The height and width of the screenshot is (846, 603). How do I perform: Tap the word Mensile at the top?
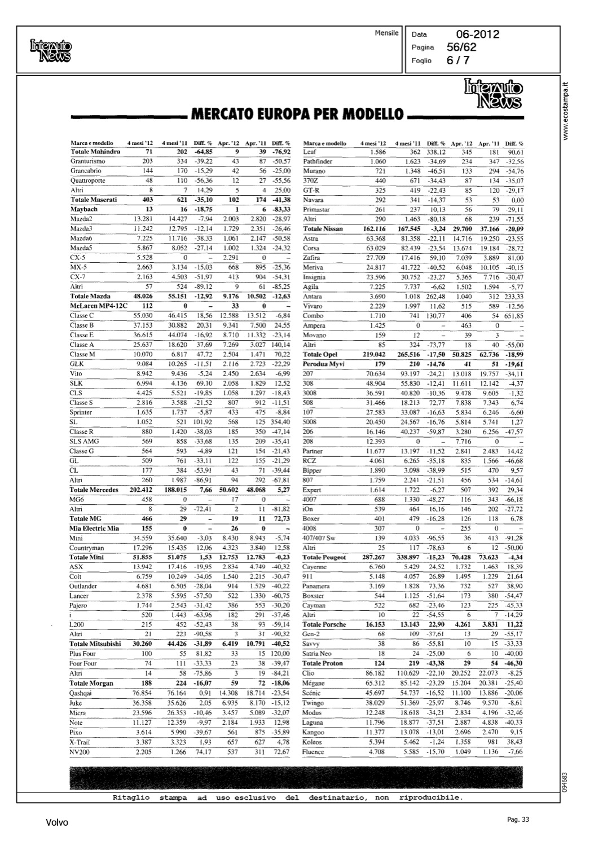tap(386, 33)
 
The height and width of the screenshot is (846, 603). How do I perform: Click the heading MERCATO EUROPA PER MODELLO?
tap(298, 115)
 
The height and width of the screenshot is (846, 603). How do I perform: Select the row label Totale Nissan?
tap(323, 229)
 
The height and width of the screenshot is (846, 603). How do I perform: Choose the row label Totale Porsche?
tap(324, 624)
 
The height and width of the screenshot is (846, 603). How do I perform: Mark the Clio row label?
tap(308, 673)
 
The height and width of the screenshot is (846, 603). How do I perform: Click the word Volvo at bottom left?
tap(57, 822)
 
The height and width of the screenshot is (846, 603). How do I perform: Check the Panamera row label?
tap(316, 586)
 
